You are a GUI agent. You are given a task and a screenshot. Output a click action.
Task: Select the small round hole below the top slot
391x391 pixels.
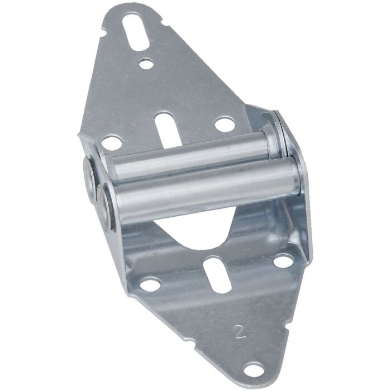click(146, 64)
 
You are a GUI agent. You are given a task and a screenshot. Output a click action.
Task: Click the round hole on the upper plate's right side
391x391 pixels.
click(225, 124)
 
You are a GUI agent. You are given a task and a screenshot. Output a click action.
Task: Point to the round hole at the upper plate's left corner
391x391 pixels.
click(112, 143)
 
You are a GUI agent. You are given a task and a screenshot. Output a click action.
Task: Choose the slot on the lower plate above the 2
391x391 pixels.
click(213, 273)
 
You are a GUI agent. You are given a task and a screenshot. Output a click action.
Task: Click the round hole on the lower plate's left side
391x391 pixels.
click(150, 285)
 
